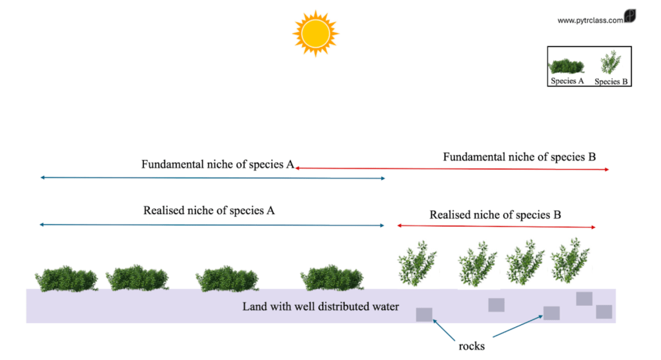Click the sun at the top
pyautogui.click(x=315, y=33)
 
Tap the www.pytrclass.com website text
pyautogui.click(x=590, y=20)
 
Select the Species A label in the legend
pyautogui.click(x=567, y=81)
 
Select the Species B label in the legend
pyautogui.click(x=611, y=82)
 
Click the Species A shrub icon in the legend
pyautogui.click(x=567, y=66)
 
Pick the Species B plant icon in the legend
pyautogui.click(x=611, y=63)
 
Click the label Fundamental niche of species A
pyautogui.click(x=218, y=165)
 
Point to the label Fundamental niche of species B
pyautogui.click(x=519, y=157)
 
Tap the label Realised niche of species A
pyautogui.click(x=209, y=210)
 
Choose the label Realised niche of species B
pyautogui.click(x=495, y=215)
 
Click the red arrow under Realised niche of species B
pyautogui.click(x=496, y=226)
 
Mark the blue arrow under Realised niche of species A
pyautogui.click(x=212, y=225)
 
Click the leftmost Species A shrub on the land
pyautogui.click(x=66, y=279)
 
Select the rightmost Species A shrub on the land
pyautogui.click(x=332, y=278)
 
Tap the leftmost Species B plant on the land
pyautogui.click(x=416, y=263)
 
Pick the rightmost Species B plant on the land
pyautogui.click(x=571, y=261)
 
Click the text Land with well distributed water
pyautogui.click(x=320, y=306)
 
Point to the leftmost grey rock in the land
pyautogui.click(x=424, y=315)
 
